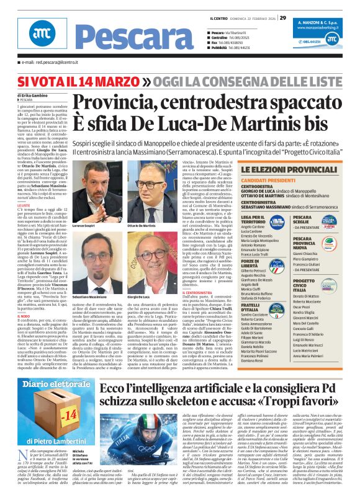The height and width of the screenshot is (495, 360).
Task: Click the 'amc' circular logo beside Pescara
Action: pos(24,37)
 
